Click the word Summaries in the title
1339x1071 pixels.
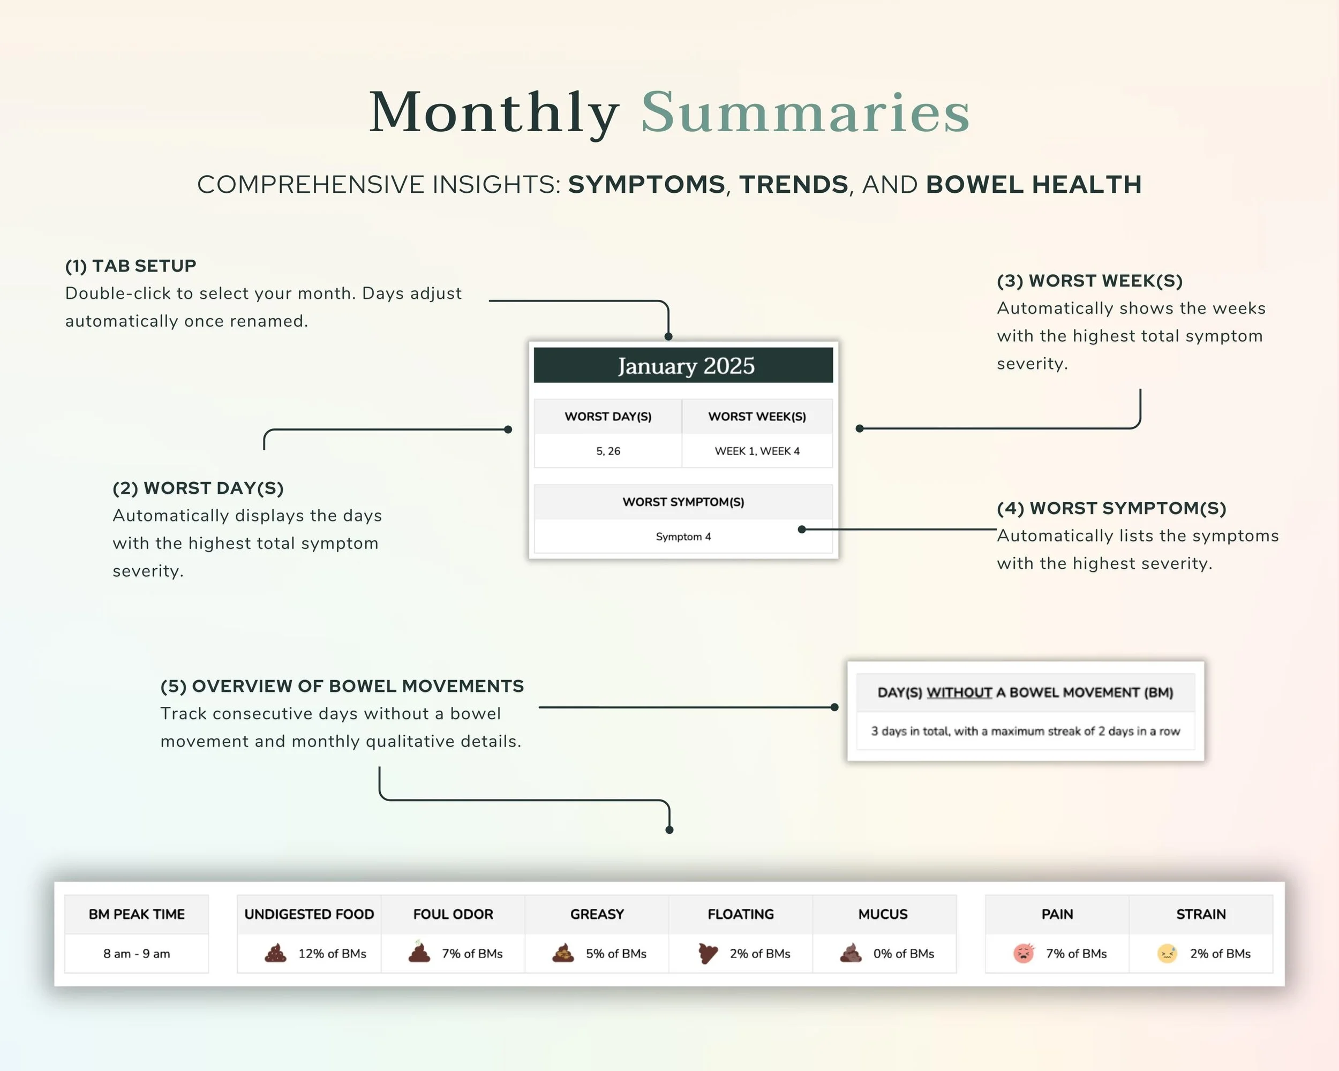805,113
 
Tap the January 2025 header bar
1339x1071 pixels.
683,366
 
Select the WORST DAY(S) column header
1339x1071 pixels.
607,417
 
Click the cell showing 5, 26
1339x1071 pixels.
607,451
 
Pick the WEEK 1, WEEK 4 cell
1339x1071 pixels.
756,451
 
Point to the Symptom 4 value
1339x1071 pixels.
683,537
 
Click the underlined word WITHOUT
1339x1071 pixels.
959,693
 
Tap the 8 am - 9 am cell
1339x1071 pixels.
137,954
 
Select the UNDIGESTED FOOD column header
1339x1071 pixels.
309,915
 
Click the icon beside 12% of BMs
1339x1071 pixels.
276,953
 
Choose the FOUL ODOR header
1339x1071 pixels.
453,915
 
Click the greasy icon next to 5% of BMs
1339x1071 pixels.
563,953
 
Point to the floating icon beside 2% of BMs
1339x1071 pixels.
708,953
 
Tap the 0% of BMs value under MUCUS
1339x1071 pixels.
903,954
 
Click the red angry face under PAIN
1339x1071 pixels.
1024,953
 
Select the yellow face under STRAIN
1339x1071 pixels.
1167,953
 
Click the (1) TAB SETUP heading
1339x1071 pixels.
131,266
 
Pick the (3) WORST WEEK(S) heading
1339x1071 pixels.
1089,281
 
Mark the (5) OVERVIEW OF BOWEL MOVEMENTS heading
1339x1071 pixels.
342,686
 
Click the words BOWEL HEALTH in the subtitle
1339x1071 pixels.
1033,184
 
